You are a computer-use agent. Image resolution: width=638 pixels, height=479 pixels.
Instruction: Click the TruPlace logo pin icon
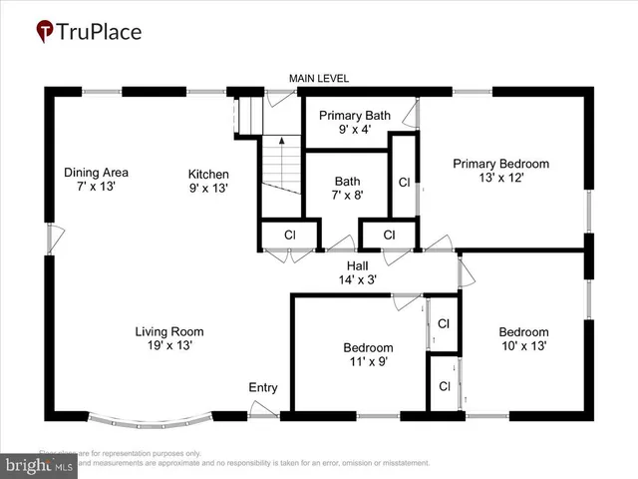pyautogui.click(x=45, y=32)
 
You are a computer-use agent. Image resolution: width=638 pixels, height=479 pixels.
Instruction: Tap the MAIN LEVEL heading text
pyautogui.click(x=319, y=79)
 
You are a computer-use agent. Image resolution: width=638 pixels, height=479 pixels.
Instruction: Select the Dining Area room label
pyautogui.click(x=96, y=172)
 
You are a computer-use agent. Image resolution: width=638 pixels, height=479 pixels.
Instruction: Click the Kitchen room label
pyautogui.click(x=208, y=173)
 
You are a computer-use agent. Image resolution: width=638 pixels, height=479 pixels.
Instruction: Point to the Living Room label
pyautogui.click(x=169, y=331)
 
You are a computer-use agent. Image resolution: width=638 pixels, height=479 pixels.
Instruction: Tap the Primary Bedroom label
pyautogui.click(x=500, y=164)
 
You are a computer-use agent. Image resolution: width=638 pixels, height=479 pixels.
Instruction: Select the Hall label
pyautogui.click(x=358, y=265)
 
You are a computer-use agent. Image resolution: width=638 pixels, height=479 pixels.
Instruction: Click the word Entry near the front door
pyautogui.click(x=263, y=388)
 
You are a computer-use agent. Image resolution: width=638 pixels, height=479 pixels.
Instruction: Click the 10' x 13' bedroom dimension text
pyautogui.click(x=523, y=346)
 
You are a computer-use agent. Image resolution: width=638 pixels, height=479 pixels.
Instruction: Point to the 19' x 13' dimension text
pyautogui.click(x=169, y=345)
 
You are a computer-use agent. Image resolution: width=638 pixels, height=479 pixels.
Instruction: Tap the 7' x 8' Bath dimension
pyautogui.click(x=347, y=196)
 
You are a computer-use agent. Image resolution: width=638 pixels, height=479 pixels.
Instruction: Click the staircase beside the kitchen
pyautogui.click(x=281, y=165)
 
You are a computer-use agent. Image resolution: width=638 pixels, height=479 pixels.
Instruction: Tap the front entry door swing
pyautogui.click(x=263, y=408)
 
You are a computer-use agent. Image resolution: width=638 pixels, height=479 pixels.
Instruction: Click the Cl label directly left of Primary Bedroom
pyautogui.click(x=404, y=183)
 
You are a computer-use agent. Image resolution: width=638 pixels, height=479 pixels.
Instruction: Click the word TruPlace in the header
pyautogui.click(x=101, y=32)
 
